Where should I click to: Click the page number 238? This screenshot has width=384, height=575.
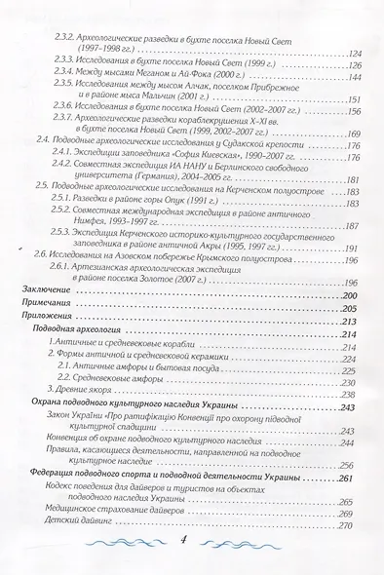click(x=352, y=394)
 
